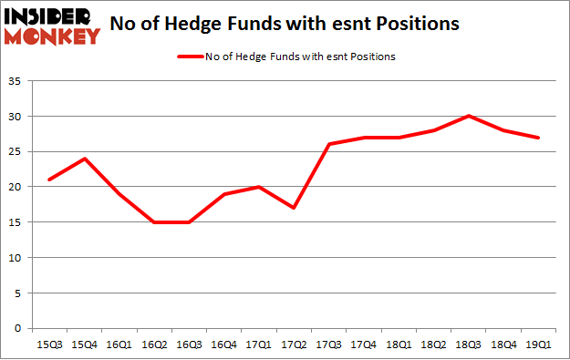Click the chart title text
tap(284, 24)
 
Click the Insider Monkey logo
tap(52, 25)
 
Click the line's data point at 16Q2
tap(156, 221)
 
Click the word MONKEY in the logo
tap(52, 36)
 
